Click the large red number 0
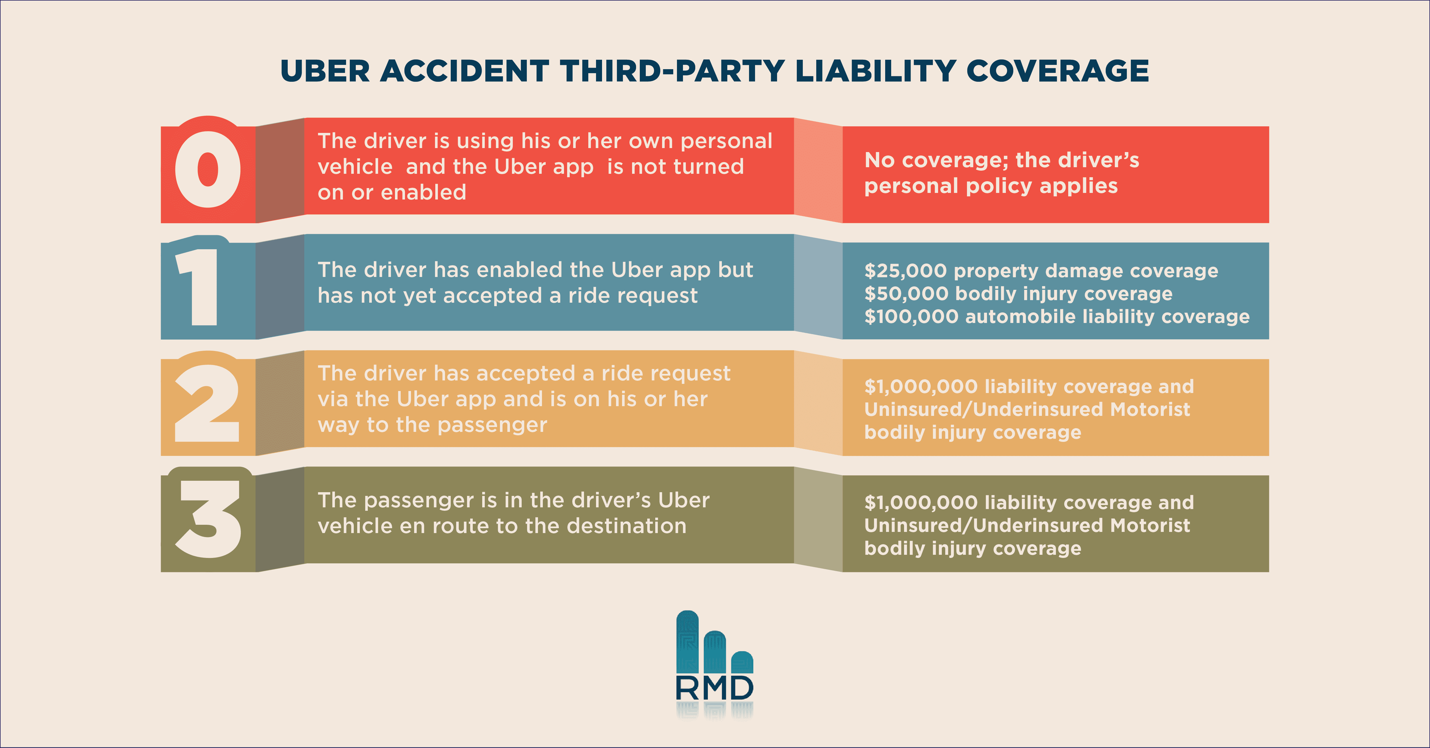208,169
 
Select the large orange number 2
207,403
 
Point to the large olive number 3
208,519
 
